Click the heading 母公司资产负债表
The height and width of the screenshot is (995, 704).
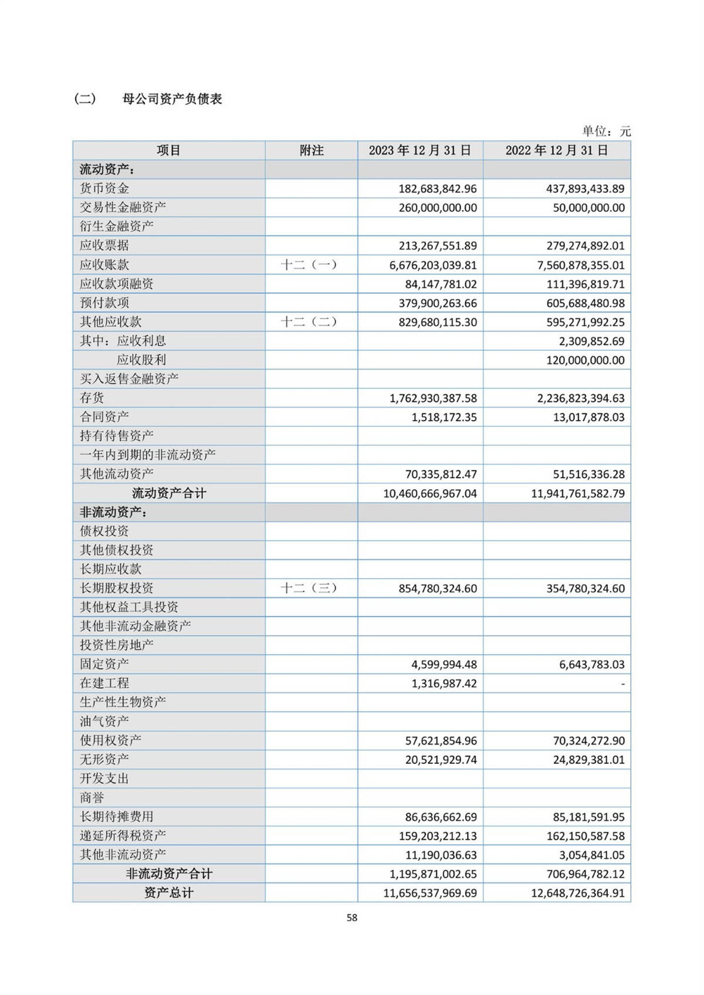pyautogui.click(x=172, y=99)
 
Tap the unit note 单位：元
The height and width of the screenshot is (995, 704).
pyautogui.click(x=606, y=131)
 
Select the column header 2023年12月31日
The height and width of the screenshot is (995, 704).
pyautogui.click(x=420, y=151)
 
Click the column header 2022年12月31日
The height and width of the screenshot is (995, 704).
pyautogui.click(x=557, y=151)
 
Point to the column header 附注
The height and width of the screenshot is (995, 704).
pyautogui.click(x=312, y=151)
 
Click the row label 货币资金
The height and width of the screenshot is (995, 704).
pyautogui.click(x=104, y=188)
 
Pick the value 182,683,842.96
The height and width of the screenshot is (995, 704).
pyautogui.click(x=438, y=189)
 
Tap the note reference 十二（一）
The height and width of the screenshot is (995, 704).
pyautogui.click(x=309, y=265)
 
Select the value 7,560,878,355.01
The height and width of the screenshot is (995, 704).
pyautogui.click(x=581, y=265)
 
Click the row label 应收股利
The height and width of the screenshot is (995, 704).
pyautogui.click(x=141, y=360)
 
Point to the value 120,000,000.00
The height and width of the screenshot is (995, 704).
pyautogui.click(x=585, y=360)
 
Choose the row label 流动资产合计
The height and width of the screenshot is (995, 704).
pyautogui.click(x=169, y=493)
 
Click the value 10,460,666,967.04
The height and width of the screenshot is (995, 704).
pyautogui.click(x=430, y=493)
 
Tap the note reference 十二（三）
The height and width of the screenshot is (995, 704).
pyautogui.click(x=309, y=588)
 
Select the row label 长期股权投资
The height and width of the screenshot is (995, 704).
pyautogui.click(x=117, y=588)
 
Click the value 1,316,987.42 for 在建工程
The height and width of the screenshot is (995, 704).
pyautogui.click(x=444, y=683)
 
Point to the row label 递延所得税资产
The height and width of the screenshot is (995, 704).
pyautogui.click(x=123, y=835)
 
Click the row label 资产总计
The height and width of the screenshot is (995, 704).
pyautogui.click(x=169, y=893)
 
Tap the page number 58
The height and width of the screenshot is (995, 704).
pyautogui.click(x=352, y=918)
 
